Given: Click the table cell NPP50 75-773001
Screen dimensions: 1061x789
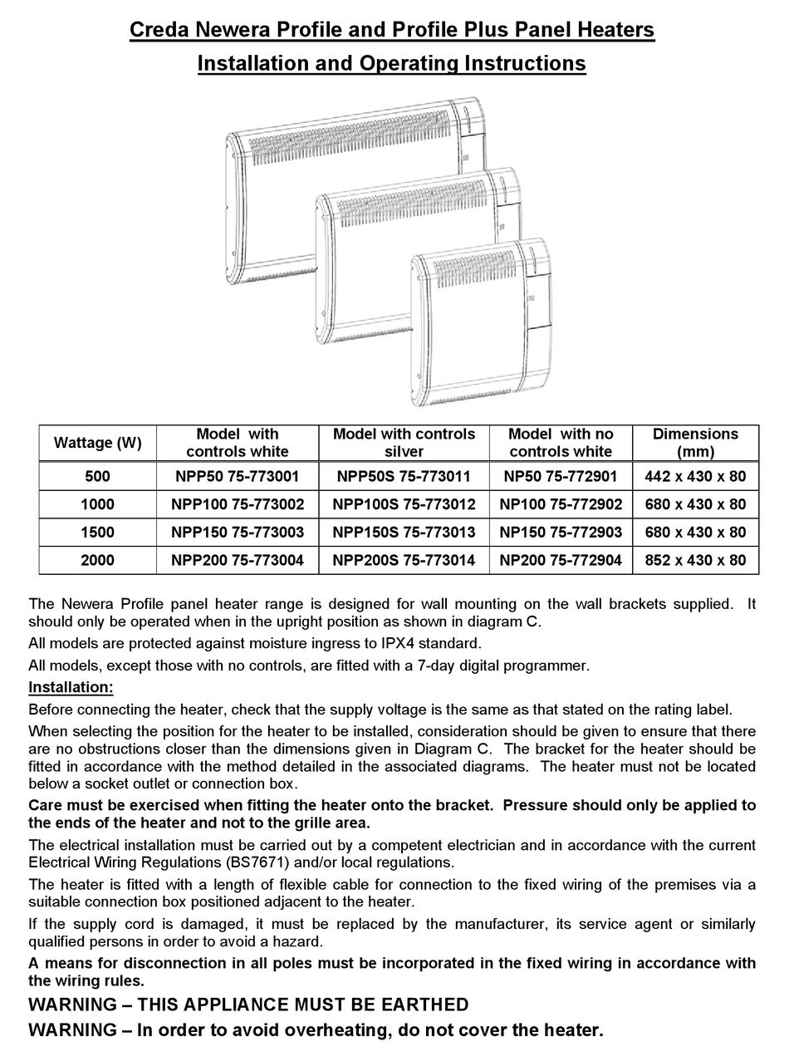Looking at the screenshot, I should tap(238, 476).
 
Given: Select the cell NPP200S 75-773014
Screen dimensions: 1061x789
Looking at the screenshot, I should tap(404, 560).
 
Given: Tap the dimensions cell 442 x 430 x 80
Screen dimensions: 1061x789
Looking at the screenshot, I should tap(695, 476).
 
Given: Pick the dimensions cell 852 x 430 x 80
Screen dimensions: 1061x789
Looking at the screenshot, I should tap(695, 560).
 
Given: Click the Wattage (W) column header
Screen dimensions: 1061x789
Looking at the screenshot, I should tap(97, 443).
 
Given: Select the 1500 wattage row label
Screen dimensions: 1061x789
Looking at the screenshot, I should tap(97, 532).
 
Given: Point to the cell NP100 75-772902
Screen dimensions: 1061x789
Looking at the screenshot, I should tap(561, 504).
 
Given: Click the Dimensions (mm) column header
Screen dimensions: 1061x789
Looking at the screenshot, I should tap(695, 443).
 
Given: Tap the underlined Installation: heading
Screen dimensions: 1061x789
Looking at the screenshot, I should tap(71, 687).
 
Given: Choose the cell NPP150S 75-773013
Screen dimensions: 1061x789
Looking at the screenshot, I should tap(404, 532).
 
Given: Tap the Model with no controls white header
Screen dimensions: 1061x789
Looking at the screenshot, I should tap(561, 443).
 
